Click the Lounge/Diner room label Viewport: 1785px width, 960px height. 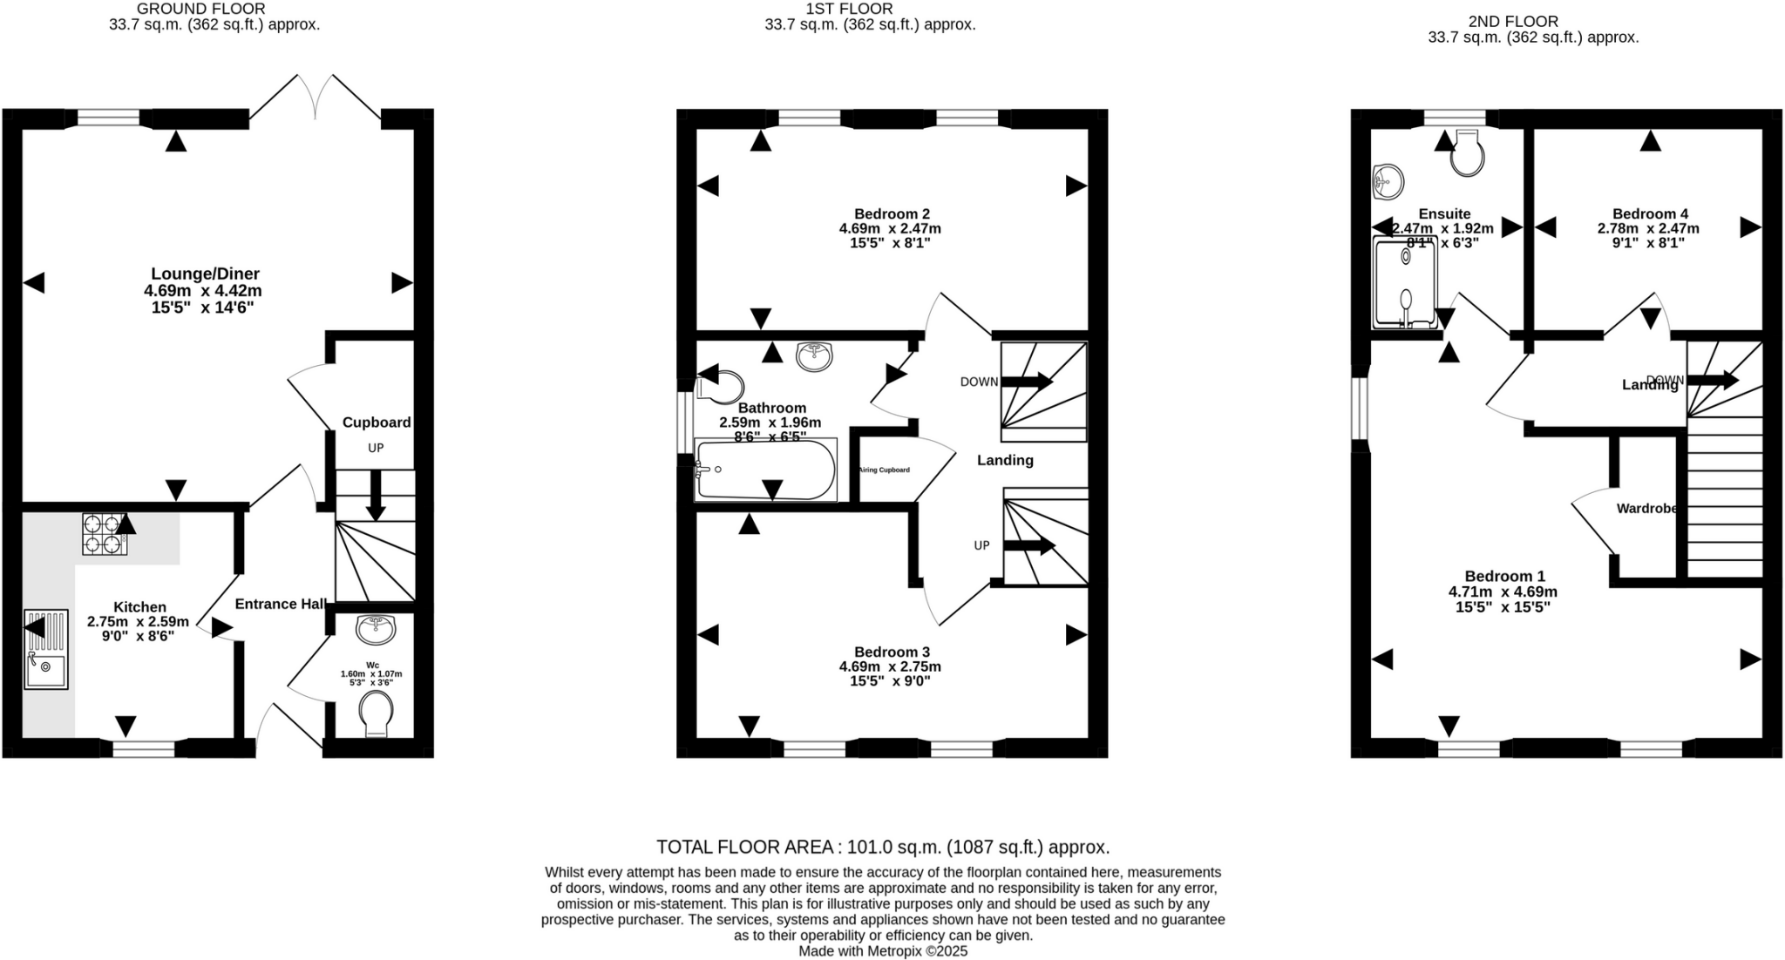[x=206, y=274]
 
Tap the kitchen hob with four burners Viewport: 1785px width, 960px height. [x=104, y=534]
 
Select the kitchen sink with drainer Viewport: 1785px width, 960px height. [x=46, y=650]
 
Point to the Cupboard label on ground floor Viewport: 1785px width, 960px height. [x=376, y=423]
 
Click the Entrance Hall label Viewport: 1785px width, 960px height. [x=280, y=604]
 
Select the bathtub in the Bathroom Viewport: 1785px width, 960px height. [x=765, y=470]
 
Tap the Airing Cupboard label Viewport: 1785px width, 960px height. [x=884, y=470]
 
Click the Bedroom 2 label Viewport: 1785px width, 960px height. [x=892, y=214]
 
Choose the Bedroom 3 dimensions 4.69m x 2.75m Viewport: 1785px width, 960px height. [x=890, y=666]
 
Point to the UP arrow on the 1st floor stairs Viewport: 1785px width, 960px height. [x=1028, y=546]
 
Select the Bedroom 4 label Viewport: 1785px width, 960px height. [x=1650, y=214]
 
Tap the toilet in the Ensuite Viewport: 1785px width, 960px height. [x=1467, y=154]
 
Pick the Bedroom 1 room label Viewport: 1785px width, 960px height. [x=1504, y=576]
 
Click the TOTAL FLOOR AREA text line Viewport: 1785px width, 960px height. [x=882, y=847]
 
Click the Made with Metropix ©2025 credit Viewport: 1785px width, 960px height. [x=882, y=951]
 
